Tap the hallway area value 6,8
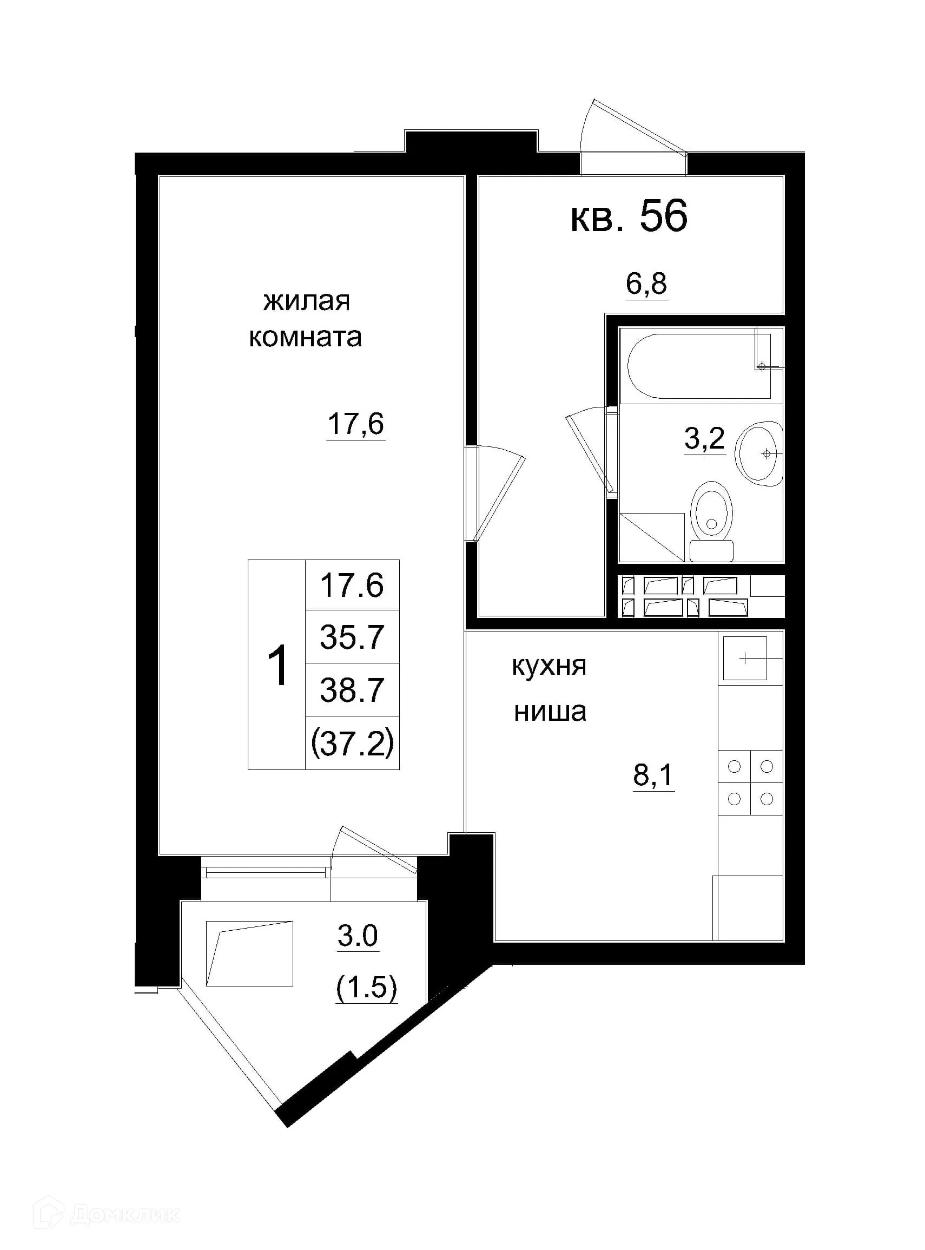click(x=646, y=284)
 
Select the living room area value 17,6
click(x=356, y=424)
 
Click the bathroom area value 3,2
click(x=704, y=438)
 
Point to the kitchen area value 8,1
click(x=653, y=775)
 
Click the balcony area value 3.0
click(x=358, y=936)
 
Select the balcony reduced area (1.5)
click(x=366, y=988)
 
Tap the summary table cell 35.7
click(x=352, y=637)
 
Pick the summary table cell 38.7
click(x=352, y=689)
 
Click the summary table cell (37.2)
click(x=352, y=744)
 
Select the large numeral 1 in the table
click(x=277, y=666)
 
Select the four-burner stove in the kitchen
click(x=750, y=782)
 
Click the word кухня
click(x=549, y=667)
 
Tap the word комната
click(x=305, y=338)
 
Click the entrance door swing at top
click(x=633, y=134)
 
